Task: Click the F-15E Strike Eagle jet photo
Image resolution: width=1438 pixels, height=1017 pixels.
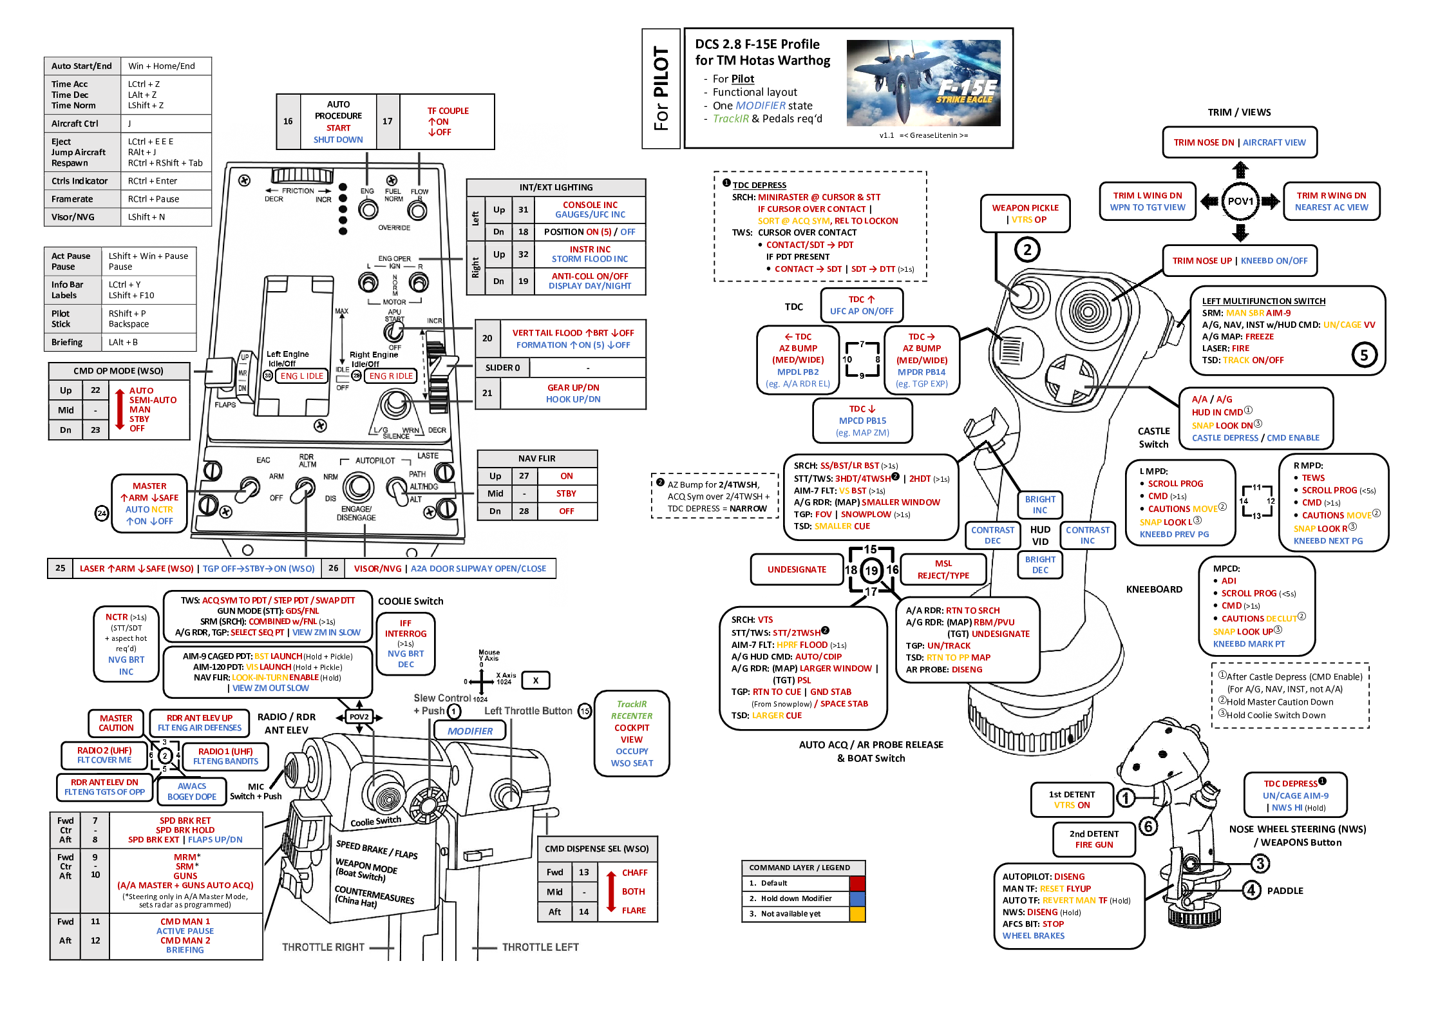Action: [923, 83]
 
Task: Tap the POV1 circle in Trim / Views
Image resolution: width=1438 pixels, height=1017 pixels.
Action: [1240, 202]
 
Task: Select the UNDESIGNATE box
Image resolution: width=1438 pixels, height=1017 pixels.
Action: [797, 569]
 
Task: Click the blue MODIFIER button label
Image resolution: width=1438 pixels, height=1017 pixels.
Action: [469, 731]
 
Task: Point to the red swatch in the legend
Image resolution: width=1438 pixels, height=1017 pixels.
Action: [857, 883]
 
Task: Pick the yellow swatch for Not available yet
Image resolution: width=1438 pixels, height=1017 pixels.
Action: [857, 914]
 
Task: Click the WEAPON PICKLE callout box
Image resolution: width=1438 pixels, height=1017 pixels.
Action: [1025, 213]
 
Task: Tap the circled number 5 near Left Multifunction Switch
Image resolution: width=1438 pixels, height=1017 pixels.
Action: [1364, 355]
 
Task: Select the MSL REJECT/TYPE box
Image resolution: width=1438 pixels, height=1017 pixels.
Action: [943, 569]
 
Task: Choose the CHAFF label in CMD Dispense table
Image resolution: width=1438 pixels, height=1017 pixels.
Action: [634, 873]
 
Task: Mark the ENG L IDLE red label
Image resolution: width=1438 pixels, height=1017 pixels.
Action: [302, 376]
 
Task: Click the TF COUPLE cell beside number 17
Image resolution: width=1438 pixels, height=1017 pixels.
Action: [448, 122]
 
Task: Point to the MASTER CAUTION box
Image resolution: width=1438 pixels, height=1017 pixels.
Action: [116, 723]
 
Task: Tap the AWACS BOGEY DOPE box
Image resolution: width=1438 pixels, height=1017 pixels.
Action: [192, 792]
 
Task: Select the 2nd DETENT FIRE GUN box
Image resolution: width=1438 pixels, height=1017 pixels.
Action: [1093, 839]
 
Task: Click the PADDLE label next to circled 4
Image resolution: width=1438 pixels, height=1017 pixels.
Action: [1285, 891]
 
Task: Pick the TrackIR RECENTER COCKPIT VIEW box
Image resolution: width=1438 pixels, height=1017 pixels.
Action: [632, 734]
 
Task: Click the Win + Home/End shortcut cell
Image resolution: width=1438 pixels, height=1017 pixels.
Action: [166, 66]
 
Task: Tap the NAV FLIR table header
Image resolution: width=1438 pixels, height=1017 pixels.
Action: [537, 459]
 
